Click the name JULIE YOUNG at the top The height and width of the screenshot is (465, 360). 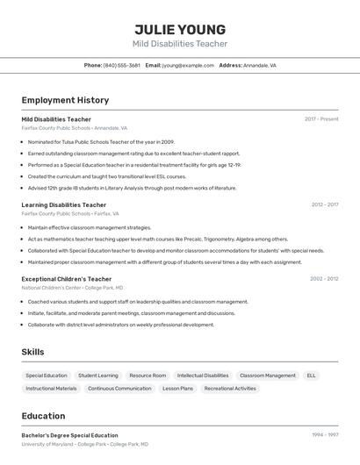coord(180,30)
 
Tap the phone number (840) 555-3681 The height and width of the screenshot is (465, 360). coord(122,65)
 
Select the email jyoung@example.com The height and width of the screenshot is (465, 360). coord(188,65)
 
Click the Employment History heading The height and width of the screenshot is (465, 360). coord(65,100)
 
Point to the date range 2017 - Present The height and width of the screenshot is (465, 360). coord(321,118)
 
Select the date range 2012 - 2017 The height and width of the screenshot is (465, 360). coord(324,204)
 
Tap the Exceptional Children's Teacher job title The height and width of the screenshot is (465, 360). coord(67,279)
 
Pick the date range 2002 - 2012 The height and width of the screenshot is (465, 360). coord(324,279)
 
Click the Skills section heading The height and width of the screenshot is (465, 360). coord(32,352)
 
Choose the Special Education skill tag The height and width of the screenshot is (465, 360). coord(47,376)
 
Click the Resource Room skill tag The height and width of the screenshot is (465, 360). coord(148,376)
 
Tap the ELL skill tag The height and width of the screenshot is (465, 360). coord(311,376)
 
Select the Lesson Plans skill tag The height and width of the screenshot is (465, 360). coord(177,389)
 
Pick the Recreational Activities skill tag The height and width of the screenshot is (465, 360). coord(230,389)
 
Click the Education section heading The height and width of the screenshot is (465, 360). coord(43,416)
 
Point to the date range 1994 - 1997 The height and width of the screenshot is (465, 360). coord(325,434)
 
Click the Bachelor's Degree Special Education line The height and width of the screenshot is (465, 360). coord(69,435)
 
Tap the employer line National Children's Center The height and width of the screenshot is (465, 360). coord(72,288)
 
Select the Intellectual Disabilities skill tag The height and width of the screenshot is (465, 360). coord(203,376)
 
